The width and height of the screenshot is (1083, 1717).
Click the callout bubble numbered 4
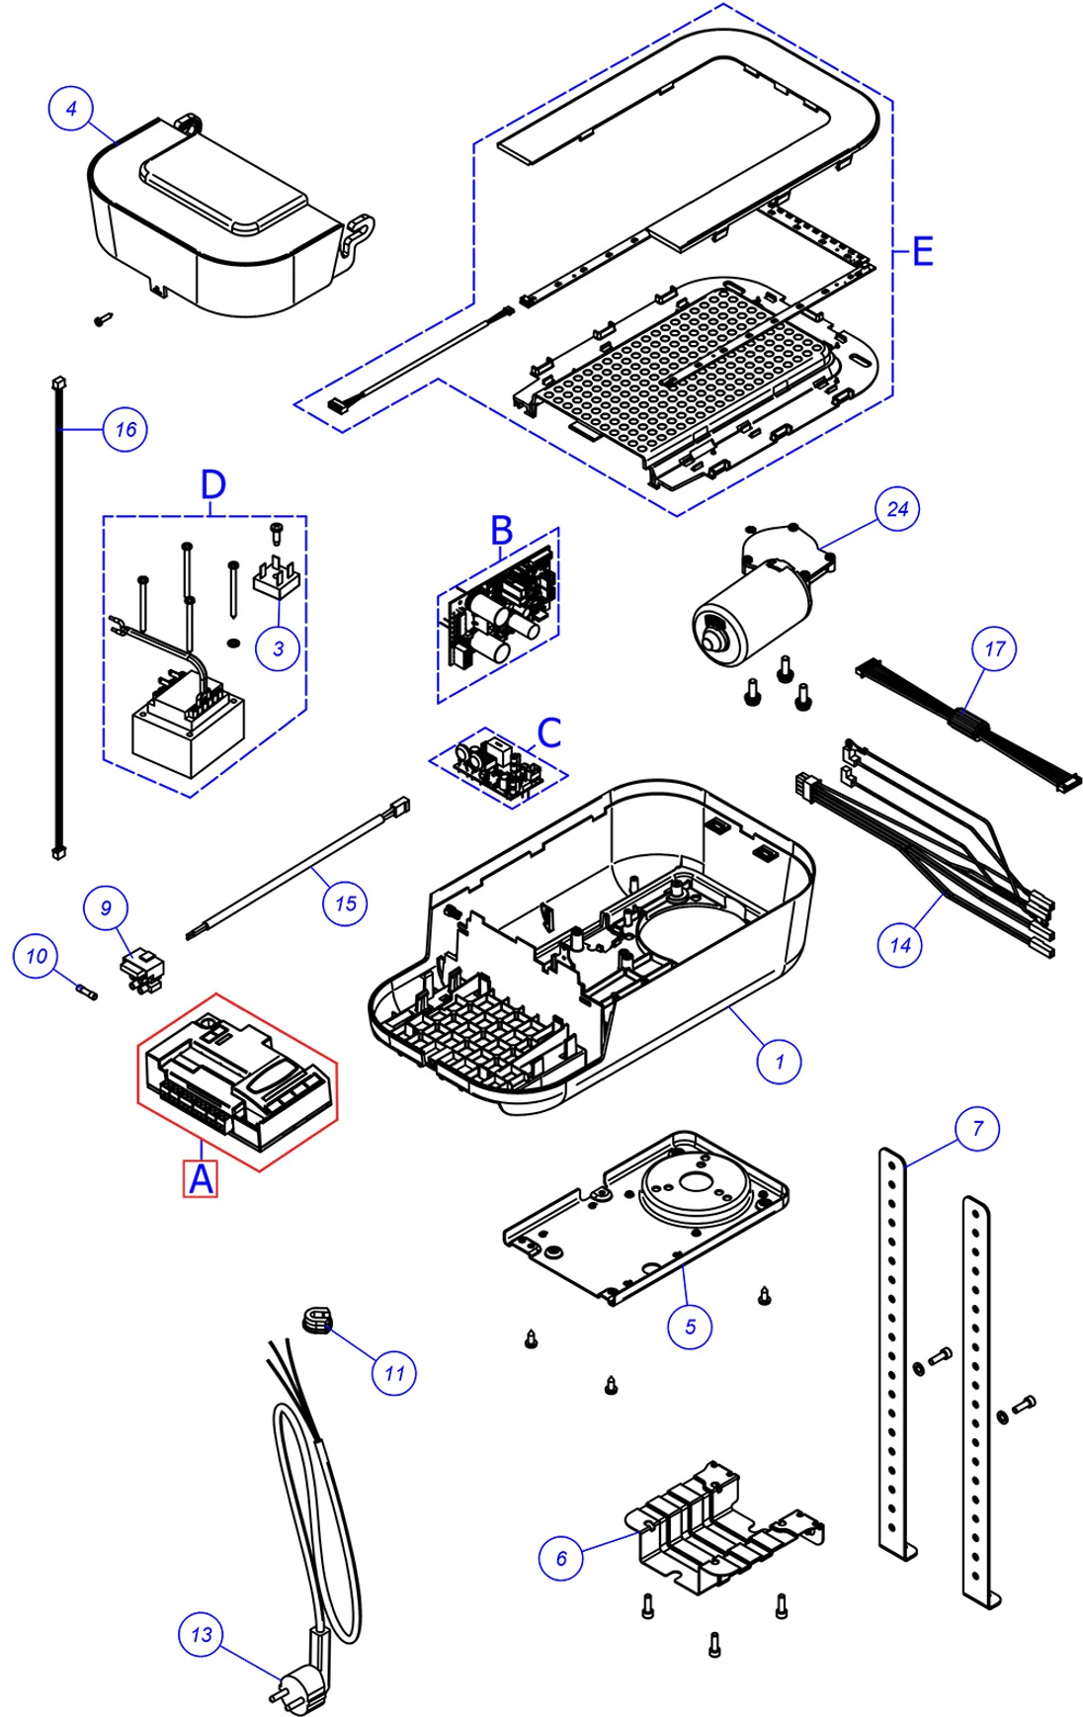point(70,108)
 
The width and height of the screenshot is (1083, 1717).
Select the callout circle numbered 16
point(125,429)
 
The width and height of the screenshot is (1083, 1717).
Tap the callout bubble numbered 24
point(897,509)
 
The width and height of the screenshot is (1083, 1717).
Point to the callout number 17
point(994,648)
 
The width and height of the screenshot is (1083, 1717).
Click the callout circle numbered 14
point(899,945)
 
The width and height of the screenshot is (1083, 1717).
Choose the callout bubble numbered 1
point(779,1062)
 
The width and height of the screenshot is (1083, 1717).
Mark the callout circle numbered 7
point(977,1129)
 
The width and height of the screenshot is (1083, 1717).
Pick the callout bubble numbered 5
point(690,1327)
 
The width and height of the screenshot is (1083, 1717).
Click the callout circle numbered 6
point(561,1559)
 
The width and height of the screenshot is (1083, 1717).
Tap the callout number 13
point(201,1635)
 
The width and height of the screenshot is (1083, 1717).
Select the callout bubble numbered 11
point(393,1373)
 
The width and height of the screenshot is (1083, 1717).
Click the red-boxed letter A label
point(201,1179)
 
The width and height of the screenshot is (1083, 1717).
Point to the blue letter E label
point(921,251)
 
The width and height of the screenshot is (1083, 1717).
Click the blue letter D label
point(213,485)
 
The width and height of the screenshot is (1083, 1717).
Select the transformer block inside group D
point(188,731)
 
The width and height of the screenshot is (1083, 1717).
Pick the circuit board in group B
point(499,613)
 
